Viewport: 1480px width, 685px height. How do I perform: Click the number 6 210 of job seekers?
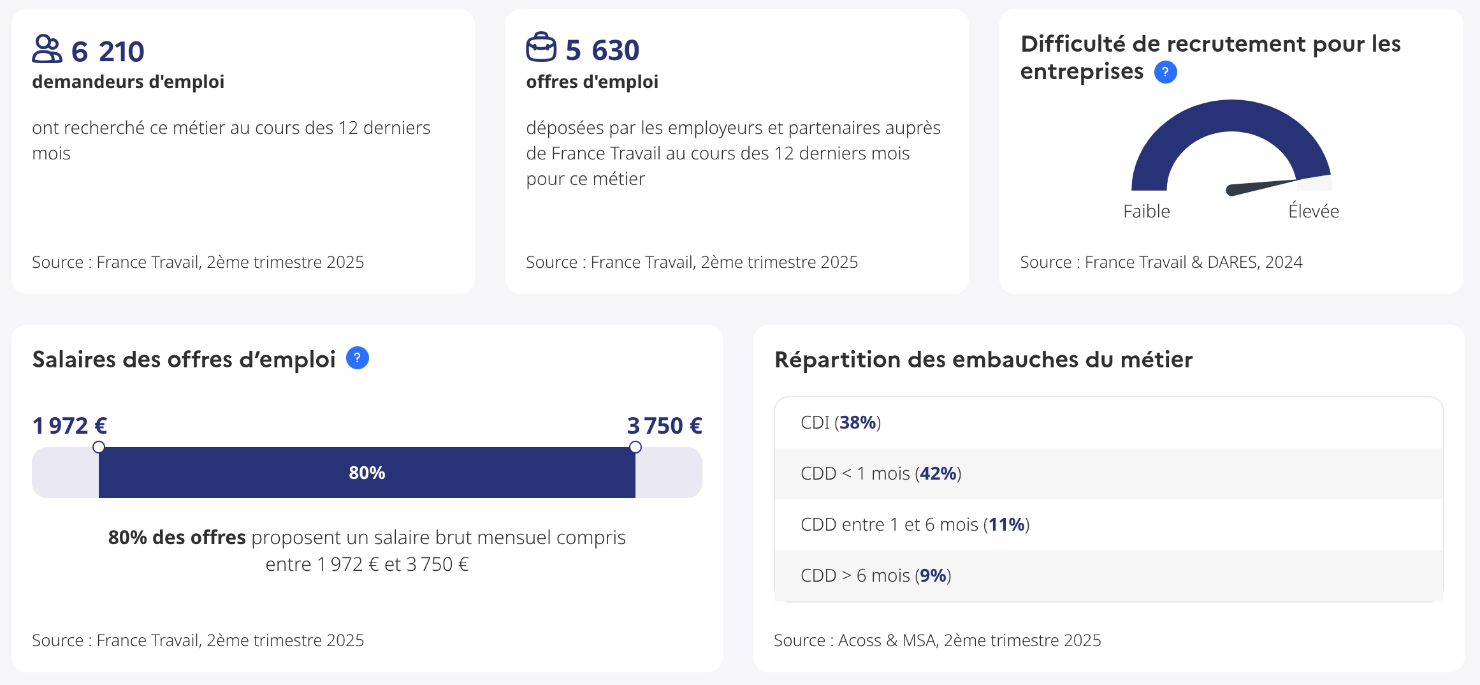pyautogui.click(x=108, y=52)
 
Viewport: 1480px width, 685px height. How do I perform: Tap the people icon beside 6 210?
pyautogui.click(x=47, y=49)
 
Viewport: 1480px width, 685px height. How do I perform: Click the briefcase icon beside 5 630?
pyautogui.click(x=541, y=48)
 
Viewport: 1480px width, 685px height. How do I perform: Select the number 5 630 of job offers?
pyautogui.click(x=602, y=50)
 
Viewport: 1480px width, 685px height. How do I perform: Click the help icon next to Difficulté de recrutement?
pyautogui.click(x=1165, y=72)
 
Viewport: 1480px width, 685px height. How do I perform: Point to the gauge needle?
pyautogui.click(x=1259, y=186)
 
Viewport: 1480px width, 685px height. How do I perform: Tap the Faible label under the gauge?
pyautogui.click(x=1146, y=211)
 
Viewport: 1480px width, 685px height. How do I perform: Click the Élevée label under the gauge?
pyautogui.click(x=1313, y=211)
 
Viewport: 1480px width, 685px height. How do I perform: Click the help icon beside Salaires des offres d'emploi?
pyautogui.click(x=357, y=358)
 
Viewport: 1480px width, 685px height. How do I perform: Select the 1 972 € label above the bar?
pyautogui.click(x=69, y=425)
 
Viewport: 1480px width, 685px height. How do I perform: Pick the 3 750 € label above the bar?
pyautogui.click(x=664, y=425)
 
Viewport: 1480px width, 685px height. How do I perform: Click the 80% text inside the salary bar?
pyautogui.click(x=366, y=473)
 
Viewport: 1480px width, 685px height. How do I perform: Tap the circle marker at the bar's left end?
pyautogui.click(x=99, y=447)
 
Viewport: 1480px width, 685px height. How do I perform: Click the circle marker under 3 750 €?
pyautogui.click(x=635, y=447)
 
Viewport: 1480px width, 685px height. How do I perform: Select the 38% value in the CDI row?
pyautogui.click(x=857, y=422)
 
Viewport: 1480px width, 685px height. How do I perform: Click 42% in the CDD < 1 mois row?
pyautogui.click(x=938, y=473)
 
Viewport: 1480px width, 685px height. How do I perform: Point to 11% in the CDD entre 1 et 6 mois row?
pyautogui.click(x=1006, y=524)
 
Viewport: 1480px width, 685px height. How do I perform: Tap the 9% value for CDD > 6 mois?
pyautogui.click(x=932, y=575)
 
